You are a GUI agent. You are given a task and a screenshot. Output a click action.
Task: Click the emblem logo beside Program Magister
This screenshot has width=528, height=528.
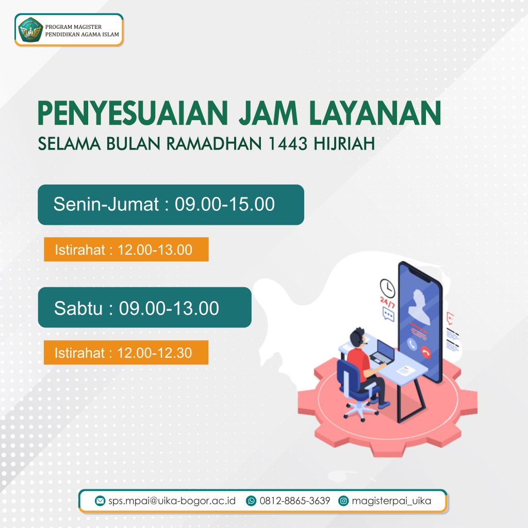[30, 29]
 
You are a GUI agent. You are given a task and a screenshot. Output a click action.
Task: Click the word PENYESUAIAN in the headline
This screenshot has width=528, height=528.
[133, 113]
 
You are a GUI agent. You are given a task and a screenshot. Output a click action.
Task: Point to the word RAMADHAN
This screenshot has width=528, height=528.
[214, 143]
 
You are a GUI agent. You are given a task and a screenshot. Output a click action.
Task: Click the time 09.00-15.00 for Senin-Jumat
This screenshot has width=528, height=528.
[225, 204]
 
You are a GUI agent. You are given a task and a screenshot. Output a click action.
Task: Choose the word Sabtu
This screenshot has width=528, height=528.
[78, 308]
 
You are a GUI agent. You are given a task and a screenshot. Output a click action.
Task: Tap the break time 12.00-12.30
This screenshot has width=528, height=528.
[155, 353]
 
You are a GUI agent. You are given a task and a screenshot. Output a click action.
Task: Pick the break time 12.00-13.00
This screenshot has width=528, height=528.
[155, 250]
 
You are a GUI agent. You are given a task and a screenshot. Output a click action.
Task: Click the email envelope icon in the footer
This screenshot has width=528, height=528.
[100, 501]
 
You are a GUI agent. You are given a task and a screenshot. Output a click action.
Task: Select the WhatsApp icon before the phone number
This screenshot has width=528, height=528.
[251, 501]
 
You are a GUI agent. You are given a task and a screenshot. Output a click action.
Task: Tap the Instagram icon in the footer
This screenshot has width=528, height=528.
[343, 501]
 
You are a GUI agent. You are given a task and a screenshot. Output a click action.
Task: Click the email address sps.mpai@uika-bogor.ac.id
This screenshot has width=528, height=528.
[172, 501]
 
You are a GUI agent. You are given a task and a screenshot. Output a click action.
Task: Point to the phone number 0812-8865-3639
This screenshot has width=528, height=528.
[294, 501]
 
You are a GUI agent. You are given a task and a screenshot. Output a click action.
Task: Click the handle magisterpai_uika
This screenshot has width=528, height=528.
[391, 501]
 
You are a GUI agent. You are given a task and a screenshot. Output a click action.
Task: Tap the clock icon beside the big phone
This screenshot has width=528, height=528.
[388, 288]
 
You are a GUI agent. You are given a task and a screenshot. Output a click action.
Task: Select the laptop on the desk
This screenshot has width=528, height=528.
[383, 352]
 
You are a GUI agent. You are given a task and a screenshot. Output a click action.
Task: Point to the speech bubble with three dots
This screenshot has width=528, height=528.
[388, 315]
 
